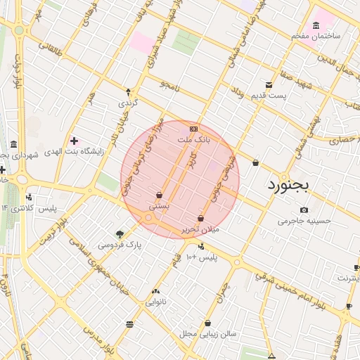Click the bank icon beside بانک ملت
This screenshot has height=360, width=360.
193,129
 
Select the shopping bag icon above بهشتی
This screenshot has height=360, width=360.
160,195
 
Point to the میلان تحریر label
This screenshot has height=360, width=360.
202,229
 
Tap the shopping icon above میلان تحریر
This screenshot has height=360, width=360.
202,218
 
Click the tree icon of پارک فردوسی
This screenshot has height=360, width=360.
120,233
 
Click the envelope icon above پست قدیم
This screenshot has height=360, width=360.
268,84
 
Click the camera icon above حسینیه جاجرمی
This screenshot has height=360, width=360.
304,210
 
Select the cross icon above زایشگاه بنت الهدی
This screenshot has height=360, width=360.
74,141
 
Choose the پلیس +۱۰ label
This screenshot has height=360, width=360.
202,257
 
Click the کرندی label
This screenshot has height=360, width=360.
128,103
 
